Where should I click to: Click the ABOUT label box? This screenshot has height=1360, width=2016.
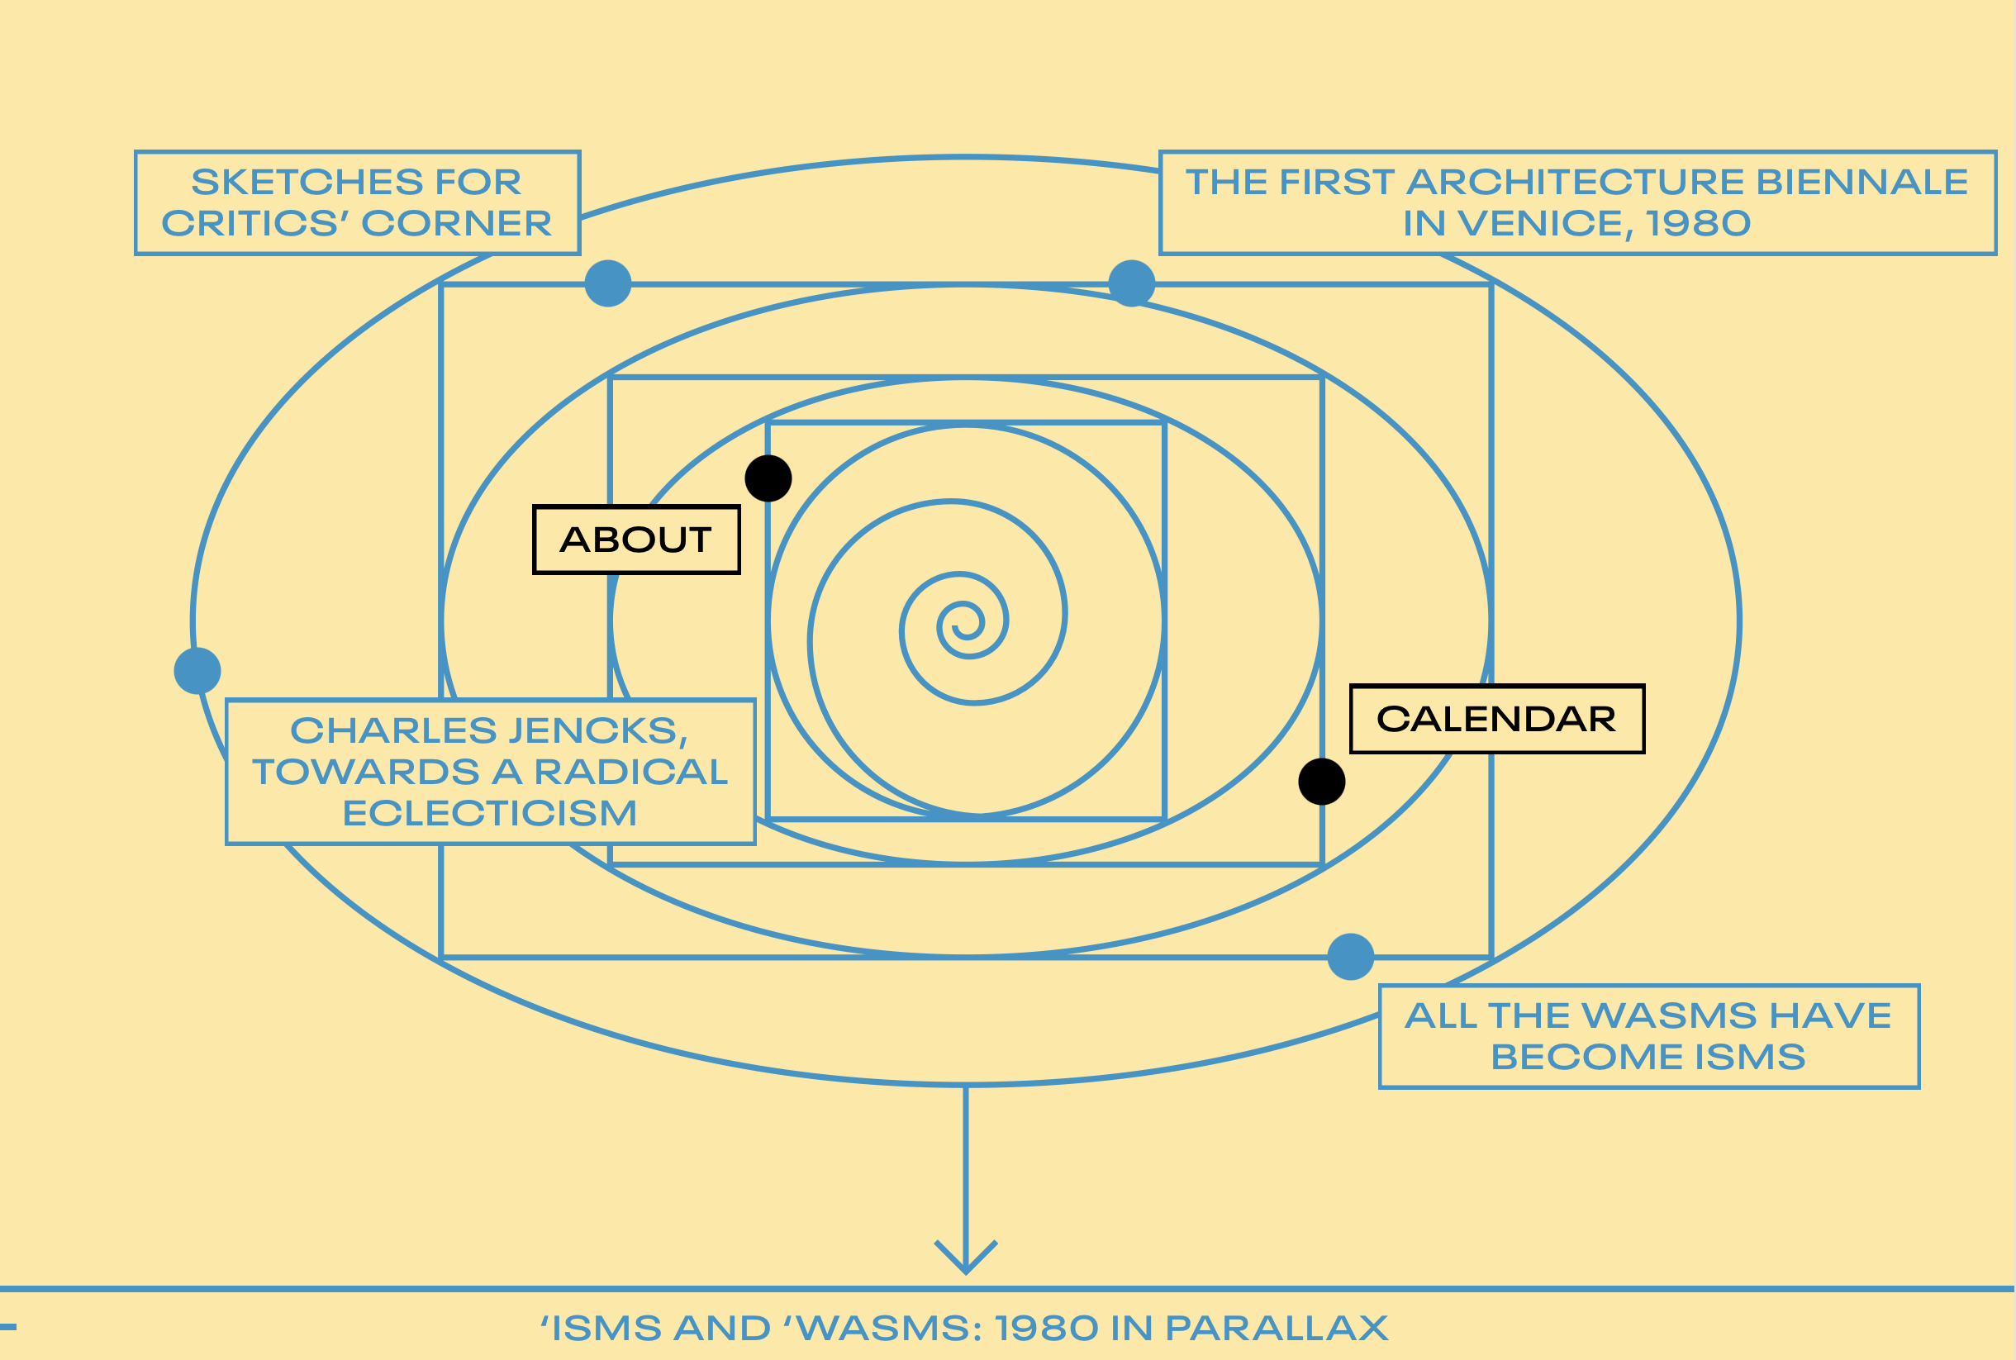635,540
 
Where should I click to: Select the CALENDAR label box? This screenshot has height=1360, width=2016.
1496,719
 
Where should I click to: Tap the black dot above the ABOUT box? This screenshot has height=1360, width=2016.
768,478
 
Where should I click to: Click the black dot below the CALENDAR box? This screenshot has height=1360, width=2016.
1321,782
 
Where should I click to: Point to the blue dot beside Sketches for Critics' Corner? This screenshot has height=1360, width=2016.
608,283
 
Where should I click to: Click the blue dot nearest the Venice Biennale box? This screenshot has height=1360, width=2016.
1132,283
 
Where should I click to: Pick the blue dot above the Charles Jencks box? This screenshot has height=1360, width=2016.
197,670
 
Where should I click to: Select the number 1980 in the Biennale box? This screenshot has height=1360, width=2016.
1699,224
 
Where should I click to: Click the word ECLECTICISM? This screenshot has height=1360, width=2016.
490,814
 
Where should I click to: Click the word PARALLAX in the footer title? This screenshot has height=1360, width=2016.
1277,1328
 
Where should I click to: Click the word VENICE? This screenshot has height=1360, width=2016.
1540,224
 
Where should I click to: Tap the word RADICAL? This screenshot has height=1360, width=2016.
630,772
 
